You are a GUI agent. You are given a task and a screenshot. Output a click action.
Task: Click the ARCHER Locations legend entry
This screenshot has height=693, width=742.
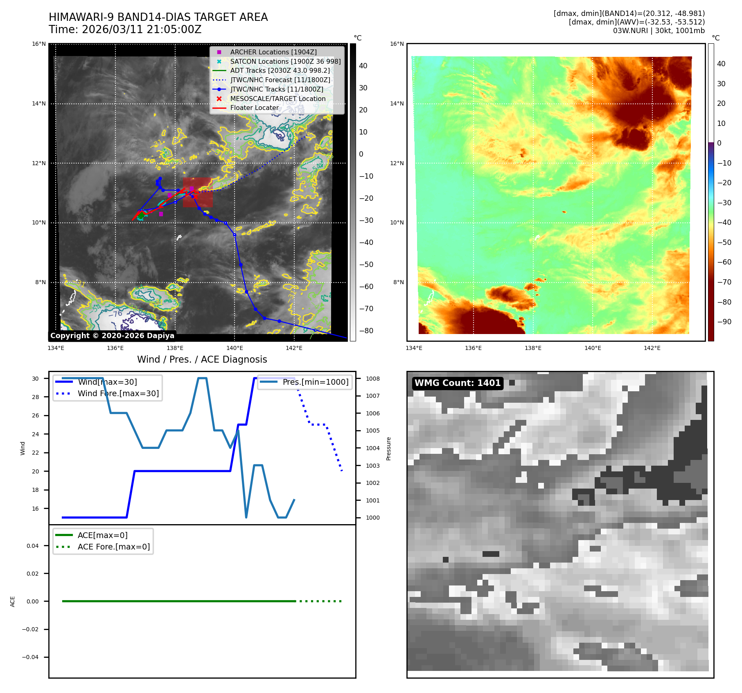click(x=273, y=52)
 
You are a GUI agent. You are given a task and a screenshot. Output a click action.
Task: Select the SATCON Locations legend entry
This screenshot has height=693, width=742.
click(x=285, y=61)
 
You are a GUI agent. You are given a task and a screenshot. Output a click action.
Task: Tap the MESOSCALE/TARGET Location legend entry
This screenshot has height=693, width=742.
click(x=277, y=99)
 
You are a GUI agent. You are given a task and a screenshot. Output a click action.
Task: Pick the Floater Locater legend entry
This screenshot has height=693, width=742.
click(x=254, y=108)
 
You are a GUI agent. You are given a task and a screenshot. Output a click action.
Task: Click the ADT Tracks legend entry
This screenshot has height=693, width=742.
click(x=280, y=70)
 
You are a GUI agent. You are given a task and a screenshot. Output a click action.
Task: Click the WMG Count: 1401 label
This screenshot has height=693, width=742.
click(x=457, y=383)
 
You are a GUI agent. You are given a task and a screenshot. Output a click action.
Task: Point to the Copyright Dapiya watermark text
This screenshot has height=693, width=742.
click(x=112, y=336)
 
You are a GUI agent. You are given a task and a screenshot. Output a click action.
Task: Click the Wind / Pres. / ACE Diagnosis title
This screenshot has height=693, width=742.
click(x=202, y=359)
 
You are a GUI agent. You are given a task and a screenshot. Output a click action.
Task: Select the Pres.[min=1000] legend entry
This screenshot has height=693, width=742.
click(x=315, y=382)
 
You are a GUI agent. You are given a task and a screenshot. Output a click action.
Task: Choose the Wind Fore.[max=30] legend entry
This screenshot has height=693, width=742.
click(x=118, y=393)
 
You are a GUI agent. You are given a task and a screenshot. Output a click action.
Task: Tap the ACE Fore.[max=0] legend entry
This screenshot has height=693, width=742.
click(x=113, y=547)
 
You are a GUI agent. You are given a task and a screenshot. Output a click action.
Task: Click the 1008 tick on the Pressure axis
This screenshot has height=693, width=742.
click(x=372, y=379)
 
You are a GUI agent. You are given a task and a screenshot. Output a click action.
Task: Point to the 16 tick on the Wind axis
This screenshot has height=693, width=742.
click(x=36, y=509)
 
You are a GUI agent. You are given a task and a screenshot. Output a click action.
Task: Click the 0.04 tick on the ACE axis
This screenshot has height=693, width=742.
click(x=33, y=546)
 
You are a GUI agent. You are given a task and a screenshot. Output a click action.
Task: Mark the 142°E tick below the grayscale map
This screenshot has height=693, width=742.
click(x=294, y=348)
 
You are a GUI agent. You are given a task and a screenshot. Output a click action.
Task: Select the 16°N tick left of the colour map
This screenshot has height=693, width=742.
click(x=397, y=44)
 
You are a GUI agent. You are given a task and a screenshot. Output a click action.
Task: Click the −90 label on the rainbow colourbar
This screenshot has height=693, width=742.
click(x=724, y=322)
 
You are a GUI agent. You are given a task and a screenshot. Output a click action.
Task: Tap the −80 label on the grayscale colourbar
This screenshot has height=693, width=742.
click(x=366, y=331)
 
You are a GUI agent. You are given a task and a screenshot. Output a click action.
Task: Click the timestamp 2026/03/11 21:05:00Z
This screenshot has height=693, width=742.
click(x=141, y=29)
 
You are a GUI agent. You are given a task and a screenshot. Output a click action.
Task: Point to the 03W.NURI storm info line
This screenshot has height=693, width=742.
click(x=659, y=31)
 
